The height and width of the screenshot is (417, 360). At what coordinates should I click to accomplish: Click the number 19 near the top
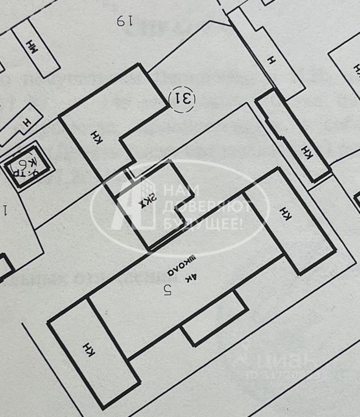click(x=124, y=20)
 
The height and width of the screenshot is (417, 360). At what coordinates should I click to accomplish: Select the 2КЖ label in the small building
click(x=147, y=202)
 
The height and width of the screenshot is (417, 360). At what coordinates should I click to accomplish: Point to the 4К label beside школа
click(x=192, y=276)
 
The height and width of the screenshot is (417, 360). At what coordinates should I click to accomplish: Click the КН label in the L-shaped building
click(x=96, y=137)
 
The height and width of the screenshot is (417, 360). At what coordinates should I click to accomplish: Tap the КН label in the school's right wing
click(x=286, y=213)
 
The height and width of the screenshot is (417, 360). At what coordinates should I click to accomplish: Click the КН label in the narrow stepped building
click(x=307, y=152)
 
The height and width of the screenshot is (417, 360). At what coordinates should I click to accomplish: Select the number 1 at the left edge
click(x=6, y=211)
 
